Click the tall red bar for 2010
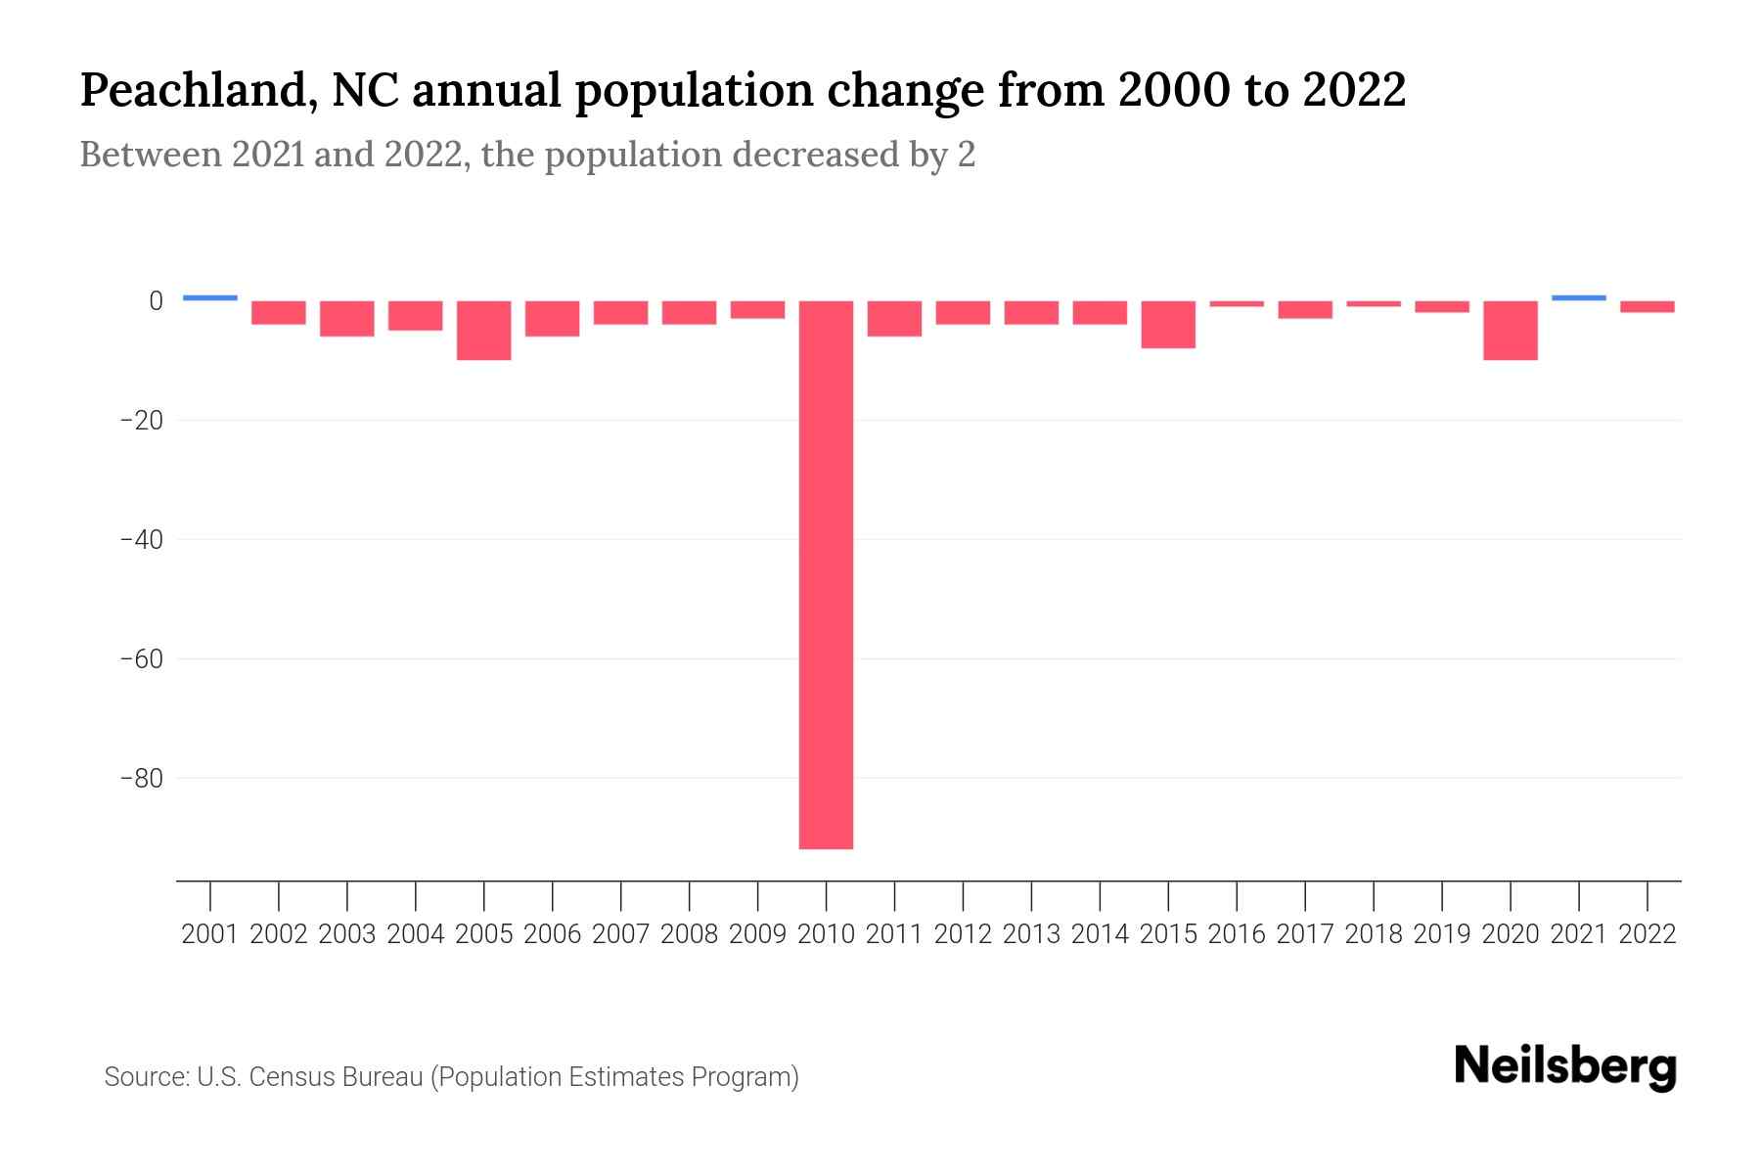826,574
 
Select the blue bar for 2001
210,297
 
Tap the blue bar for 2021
1578,297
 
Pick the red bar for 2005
484,331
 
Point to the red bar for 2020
1511,331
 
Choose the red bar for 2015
1168,325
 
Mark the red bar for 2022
1648,307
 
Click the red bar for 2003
347,319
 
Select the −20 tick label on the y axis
141,421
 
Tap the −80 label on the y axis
141,779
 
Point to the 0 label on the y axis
155,301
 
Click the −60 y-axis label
141,659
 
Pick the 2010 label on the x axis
826,935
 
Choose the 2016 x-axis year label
1237,935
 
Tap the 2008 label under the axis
689,935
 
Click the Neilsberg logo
1565,1067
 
